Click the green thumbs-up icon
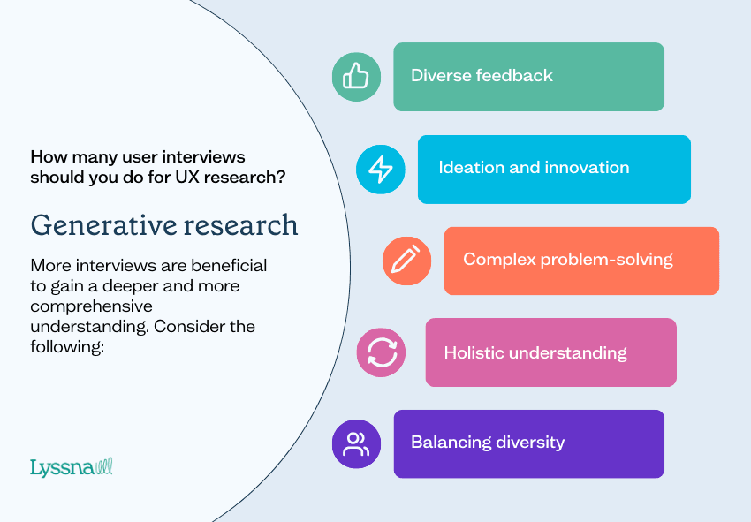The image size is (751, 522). [355, 76]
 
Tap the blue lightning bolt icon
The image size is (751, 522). [380, 169]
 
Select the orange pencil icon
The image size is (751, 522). [406, 260]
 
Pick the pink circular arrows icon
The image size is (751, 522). [381, 352]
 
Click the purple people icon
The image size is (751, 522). [356, 443]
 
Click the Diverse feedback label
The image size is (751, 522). [482, 76]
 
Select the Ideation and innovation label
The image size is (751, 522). [534, 168]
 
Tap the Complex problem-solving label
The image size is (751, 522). [568, 260]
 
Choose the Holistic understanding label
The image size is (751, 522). [535, 352]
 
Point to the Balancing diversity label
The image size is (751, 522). [488, 443]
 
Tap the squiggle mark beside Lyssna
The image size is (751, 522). [103, 466]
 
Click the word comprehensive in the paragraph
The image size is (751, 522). [91, 306]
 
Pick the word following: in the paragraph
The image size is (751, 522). [67, 346]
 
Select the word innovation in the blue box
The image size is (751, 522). [587, 168]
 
